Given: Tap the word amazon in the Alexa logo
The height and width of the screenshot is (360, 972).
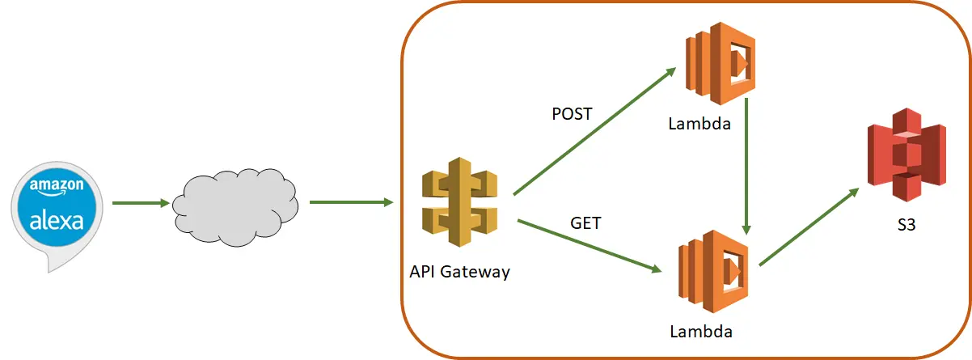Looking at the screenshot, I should pyautogui.click(x=57, y=186).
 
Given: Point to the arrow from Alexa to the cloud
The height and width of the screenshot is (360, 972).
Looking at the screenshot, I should pyautogui.click(x=139, y=203).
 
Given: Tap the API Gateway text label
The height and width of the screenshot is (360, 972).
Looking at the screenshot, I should pyautogui.click(x=459, y=271).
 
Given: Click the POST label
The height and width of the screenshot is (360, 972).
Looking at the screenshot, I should pyautogui.click(x=572, y=114).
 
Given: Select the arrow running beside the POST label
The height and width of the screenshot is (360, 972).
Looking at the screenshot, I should pyautogui.click(x=594, y=132).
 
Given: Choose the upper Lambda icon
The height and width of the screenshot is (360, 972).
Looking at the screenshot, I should pyautogui.click(x=720, y=64).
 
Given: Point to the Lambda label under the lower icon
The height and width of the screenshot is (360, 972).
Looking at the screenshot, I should pyautogui.click(x=701, y=331).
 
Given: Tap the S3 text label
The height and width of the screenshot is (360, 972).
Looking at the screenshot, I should pyautogui.click(x=906, y=227).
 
